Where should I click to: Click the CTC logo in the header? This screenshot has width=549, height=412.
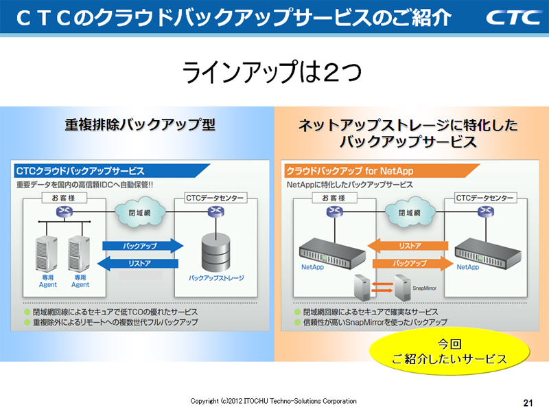click(513, 17)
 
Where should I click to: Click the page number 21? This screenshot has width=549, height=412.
click(528, 402)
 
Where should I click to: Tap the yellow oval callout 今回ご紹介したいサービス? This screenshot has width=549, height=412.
click(449, 351)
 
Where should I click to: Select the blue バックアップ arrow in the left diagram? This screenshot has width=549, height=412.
click(141, 245)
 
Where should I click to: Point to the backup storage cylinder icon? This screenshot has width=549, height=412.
click(215, 251)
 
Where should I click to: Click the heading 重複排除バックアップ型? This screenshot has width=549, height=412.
click(140, 125)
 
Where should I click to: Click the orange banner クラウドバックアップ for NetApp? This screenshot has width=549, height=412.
click(350, 170)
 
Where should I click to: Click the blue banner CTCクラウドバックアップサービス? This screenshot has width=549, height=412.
click(80, 170)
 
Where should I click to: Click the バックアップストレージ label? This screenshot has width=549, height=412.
click(216, 278)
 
